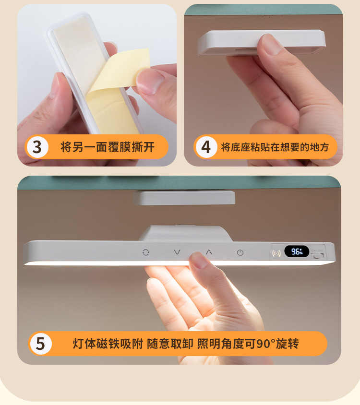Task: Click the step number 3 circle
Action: pos(37,147)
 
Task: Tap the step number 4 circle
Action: pos(206,147)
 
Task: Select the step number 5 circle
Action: pos(41,344)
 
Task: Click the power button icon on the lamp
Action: pos(240,252)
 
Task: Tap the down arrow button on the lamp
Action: pos(177,252)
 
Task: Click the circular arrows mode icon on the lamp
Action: pos(146,252)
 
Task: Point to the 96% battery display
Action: pos(297,251)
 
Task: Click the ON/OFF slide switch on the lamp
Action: pos(317,256)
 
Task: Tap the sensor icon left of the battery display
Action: pos(276,253)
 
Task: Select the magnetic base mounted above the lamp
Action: pos(184,198)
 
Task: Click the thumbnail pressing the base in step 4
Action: pos(271,45)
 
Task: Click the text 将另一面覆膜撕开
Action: pos(108,147)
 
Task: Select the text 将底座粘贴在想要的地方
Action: pos(275,147)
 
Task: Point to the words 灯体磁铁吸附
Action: pos(108,344)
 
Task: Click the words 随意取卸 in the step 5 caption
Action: pos(170,344)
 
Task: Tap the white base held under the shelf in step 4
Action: pos(261,43)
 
